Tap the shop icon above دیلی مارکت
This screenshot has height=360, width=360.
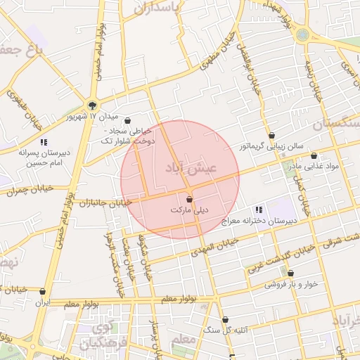click(x=189, y=200)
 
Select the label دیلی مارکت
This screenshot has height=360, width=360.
click(x=190, y=210)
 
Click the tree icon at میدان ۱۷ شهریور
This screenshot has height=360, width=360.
click(x=92, y=104)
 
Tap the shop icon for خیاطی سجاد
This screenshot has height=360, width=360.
click(x=127, y=120)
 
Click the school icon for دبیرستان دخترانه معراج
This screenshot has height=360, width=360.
click(x=259, y=210)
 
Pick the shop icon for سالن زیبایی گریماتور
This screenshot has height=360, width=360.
click(x=271, y=136)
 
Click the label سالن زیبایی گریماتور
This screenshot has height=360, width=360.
click(x=271, y=146)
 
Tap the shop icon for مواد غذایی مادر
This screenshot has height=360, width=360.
click(x=314, y=156)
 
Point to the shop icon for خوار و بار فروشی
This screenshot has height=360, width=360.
click(x=290, y=274)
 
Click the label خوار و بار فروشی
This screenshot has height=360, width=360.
click(x=290, y=285)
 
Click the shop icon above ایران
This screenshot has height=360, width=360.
click(x=43, y=291)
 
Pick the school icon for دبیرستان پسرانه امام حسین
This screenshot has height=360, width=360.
click(x=44, y=142)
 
